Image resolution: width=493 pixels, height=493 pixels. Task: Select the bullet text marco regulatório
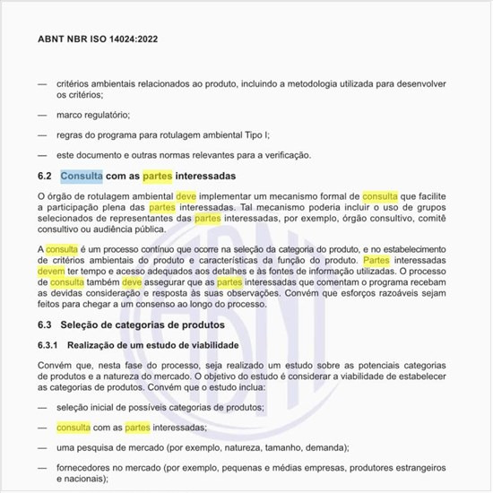pos(93,115)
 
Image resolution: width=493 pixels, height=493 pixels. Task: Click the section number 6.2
pos(46,176)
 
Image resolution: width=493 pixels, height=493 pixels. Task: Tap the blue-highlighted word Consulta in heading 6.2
pos(82,176)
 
